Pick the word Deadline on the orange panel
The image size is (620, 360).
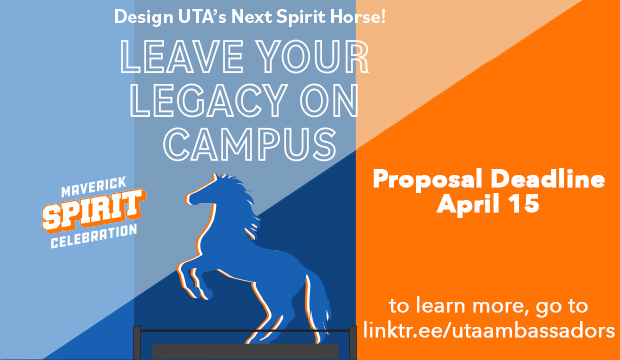tap(548, 181)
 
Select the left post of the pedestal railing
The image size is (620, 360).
tap(138, 339)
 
